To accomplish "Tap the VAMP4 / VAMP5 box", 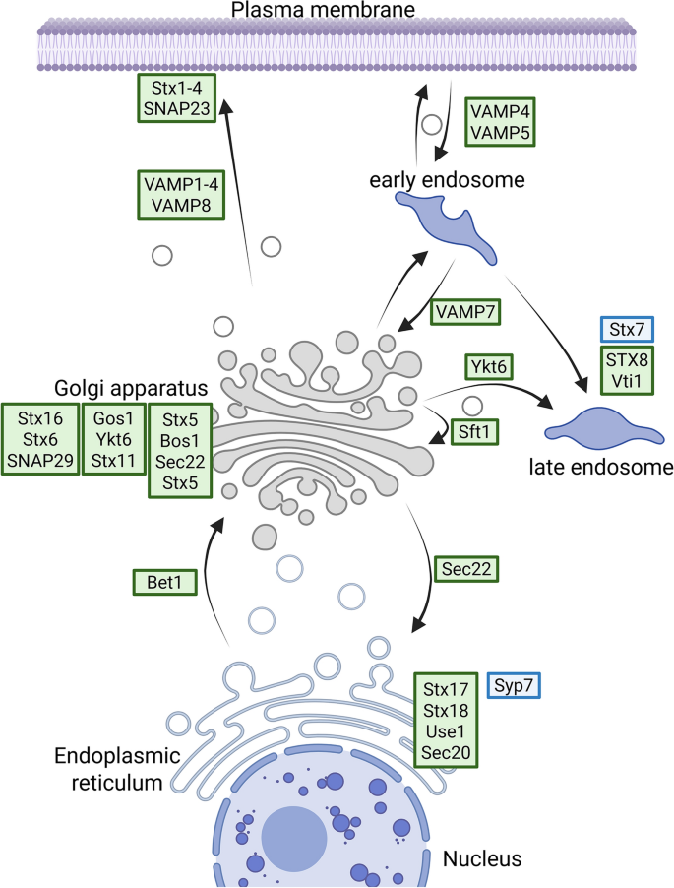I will pos(497,121).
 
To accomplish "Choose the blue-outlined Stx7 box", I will pos(627,329).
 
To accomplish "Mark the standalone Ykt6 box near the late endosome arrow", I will pos(494,370).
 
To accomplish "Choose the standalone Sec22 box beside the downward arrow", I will pos(466,568).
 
